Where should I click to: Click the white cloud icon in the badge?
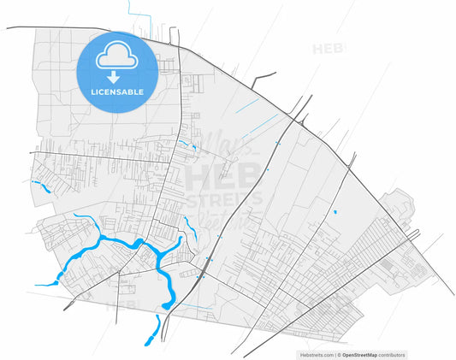pos(117,58)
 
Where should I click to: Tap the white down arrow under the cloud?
pos(117,78)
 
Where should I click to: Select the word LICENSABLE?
pos(117,91)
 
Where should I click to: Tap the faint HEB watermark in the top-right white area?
pos(329,49)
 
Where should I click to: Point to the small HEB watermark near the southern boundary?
pos(126,304)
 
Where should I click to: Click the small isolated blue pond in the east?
pos(335,211)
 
